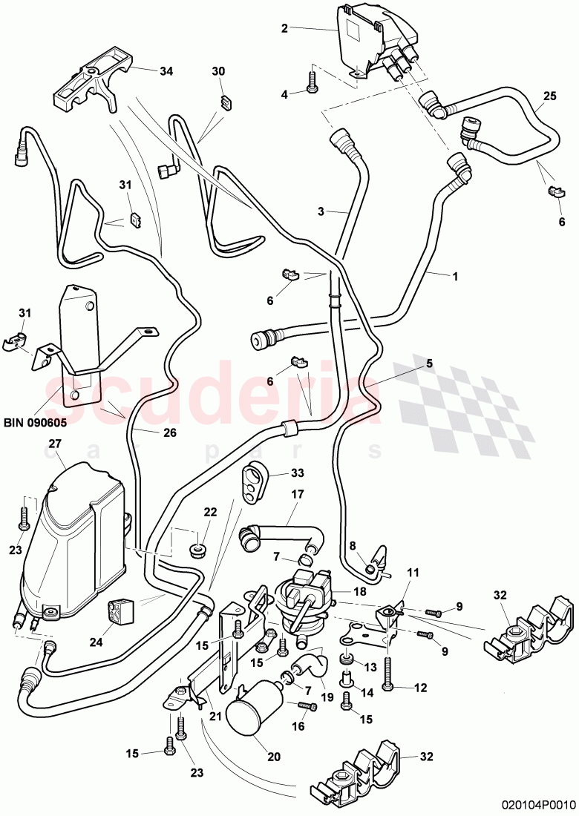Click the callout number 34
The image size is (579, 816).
[x=166, y=71]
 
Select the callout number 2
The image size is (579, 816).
[x=284, y=29]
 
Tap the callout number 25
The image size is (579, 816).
[x=549, y=97]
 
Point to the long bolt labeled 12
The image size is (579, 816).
[x=389, y=673]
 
